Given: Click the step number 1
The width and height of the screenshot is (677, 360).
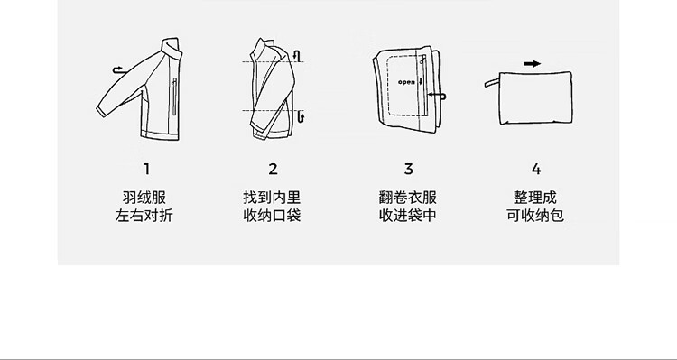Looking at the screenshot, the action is (147, 170).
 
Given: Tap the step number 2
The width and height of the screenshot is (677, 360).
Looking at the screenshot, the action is (273, 170).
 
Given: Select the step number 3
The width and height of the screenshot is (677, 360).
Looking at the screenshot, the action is (408, 170).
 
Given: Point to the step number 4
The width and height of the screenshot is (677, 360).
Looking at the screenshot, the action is (536, 170).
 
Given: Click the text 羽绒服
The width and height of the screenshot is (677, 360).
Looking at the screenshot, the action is (144, 198).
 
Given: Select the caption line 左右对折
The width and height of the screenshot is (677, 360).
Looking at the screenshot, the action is (144, 216).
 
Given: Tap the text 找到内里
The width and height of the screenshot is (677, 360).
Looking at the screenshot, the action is (272, 198).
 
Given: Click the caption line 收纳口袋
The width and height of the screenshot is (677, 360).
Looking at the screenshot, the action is (272, 216).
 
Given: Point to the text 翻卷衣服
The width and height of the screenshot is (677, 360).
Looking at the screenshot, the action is (408, 198).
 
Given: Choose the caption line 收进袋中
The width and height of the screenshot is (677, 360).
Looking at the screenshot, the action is (408, 216).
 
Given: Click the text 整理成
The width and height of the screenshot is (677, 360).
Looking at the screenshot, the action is (535, 198).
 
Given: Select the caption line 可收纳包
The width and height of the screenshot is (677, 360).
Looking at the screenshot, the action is (535, 216).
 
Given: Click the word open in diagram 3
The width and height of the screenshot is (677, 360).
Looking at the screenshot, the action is (406, 82).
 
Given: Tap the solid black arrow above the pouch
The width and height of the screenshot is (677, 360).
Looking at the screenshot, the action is (532, 64).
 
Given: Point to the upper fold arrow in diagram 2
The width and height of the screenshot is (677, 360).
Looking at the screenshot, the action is (297, 56).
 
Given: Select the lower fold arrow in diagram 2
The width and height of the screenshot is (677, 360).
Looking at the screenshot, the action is (301, 116).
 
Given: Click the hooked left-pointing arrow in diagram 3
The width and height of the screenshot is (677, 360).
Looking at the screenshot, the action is (436, 96).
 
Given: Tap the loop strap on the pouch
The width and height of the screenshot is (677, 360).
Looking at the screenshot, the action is (492, 82).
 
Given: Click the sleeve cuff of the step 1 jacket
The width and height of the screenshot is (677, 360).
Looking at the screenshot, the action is (100, 112).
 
